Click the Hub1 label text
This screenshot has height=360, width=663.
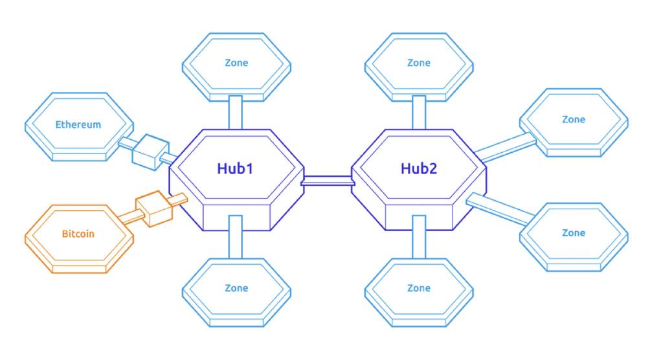pos(235,168)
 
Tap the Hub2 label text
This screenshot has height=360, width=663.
pos(419,168)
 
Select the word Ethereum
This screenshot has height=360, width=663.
pos(78,124)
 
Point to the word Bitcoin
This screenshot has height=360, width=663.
pos(78,234)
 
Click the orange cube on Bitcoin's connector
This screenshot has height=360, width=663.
pos(154,208)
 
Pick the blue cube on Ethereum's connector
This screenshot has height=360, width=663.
pos(150,152)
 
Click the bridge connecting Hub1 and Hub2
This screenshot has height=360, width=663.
pos(328,181)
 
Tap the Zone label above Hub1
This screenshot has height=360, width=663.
pos(236,63)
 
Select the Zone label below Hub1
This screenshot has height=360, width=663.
pos(236,288)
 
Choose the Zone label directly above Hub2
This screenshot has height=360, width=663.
pos(419,63)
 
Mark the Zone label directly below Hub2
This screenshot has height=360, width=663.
pos(419,288)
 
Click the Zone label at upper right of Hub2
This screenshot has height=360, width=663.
pos(574,119)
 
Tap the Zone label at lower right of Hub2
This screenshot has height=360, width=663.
pos(574,232)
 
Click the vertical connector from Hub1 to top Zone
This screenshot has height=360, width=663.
pos(236,113)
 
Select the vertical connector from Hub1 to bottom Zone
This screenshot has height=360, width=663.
pos(236,237)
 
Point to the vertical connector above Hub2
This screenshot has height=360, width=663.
pos(419,113)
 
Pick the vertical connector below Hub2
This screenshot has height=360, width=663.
pos(419,237)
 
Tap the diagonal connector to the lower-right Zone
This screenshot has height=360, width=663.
pos(499,208)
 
